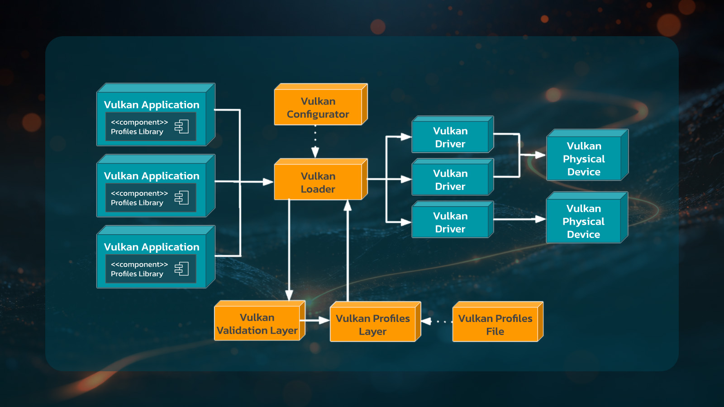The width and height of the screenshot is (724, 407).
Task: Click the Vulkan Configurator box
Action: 318,108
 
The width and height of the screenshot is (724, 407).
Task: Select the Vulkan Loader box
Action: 318,183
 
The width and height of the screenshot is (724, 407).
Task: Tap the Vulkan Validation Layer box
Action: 257,324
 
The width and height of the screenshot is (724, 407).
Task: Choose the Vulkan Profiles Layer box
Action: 372,325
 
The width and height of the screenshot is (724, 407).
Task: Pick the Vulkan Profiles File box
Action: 495,325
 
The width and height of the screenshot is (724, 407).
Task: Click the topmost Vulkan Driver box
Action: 450,137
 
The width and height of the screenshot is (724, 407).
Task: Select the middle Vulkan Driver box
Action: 450,180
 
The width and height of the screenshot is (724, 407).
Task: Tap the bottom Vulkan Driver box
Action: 450,222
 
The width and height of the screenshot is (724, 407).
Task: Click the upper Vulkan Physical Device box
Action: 584,159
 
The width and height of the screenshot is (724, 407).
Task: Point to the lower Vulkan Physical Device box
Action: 583,222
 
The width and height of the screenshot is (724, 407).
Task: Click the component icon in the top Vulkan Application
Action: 181,127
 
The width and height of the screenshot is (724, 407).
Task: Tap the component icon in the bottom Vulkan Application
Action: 181,269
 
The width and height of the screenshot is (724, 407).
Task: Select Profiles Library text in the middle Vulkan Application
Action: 137,203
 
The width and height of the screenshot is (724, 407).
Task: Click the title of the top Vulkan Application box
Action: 152,105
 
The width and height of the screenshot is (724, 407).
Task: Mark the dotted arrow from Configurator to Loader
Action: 315,142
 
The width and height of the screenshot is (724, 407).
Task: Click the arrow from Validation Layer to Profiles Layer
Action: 317,321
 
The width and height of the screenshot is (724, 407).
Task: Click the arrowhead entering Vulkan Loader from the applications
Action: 268,182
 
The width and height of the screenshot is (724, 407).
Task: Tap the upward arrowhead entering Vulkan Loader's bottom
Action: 348,206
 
